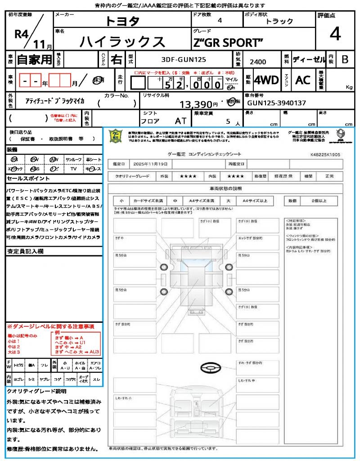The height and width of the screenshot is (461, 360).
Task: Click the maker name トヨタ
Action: pos(122,21)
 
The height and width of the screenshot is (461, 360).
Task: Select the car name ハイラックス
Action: pos(122,41)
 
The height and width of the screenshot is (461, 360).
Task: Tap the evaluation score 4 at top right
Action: pos(334,34)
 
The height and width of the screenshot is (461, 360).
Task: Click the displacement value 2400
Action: pos(257,62)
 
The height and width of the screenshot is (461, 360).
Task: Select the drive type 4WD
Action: pos(266,80)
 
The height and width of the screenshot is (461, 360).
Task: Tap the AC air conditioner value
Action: pos(303,80)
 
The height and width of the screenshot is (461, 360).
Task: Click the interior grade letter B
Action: pos(345,59)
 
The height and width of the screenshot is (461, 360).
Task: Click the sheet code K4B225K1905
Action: pos(325,154)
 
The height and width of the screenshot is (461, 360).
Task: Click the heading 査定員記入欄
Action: pos(25,251)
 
